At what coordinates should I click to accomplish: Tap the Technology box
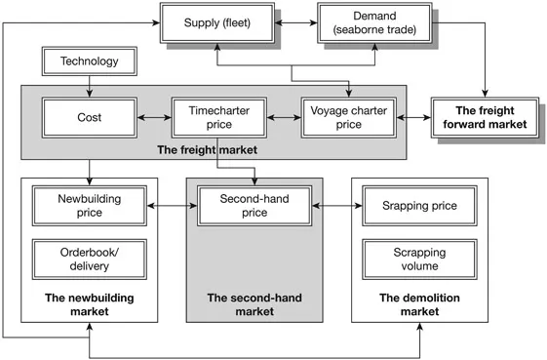[90, 62]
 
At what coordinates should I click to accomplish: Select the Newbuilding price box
[90, 207]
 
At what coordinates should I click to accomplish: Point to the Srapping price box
[419, 207]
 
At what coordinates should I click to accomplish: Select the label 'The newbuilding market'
[90, 303]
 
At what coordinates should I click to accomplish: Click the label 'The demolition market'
[419, 303]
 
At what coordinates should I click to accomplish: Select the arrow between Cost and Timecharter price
[152, 117]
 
